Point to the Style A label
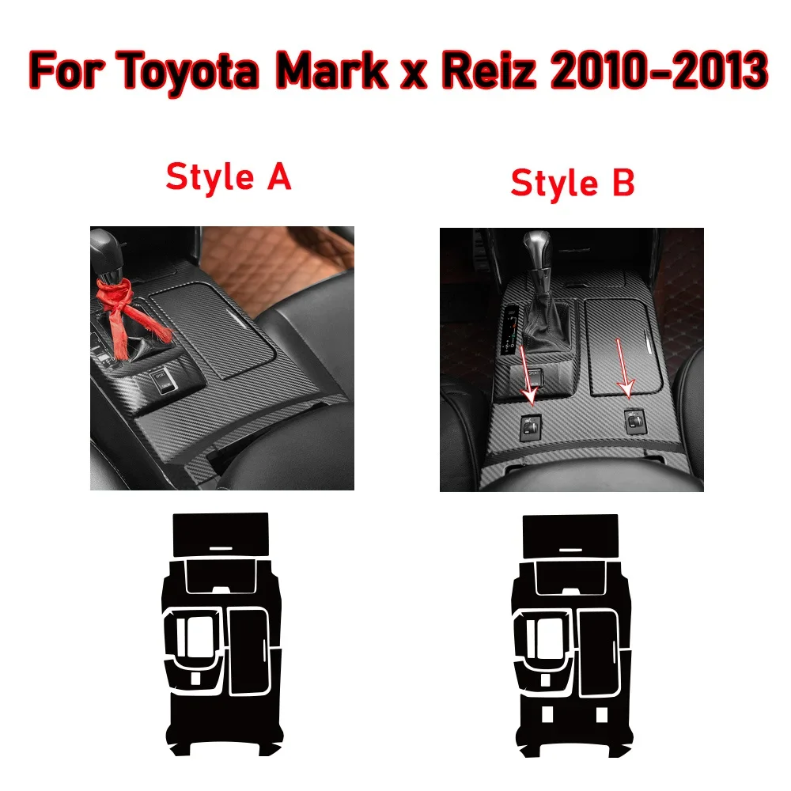(229, 176)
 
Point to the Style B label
(572, 183)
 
